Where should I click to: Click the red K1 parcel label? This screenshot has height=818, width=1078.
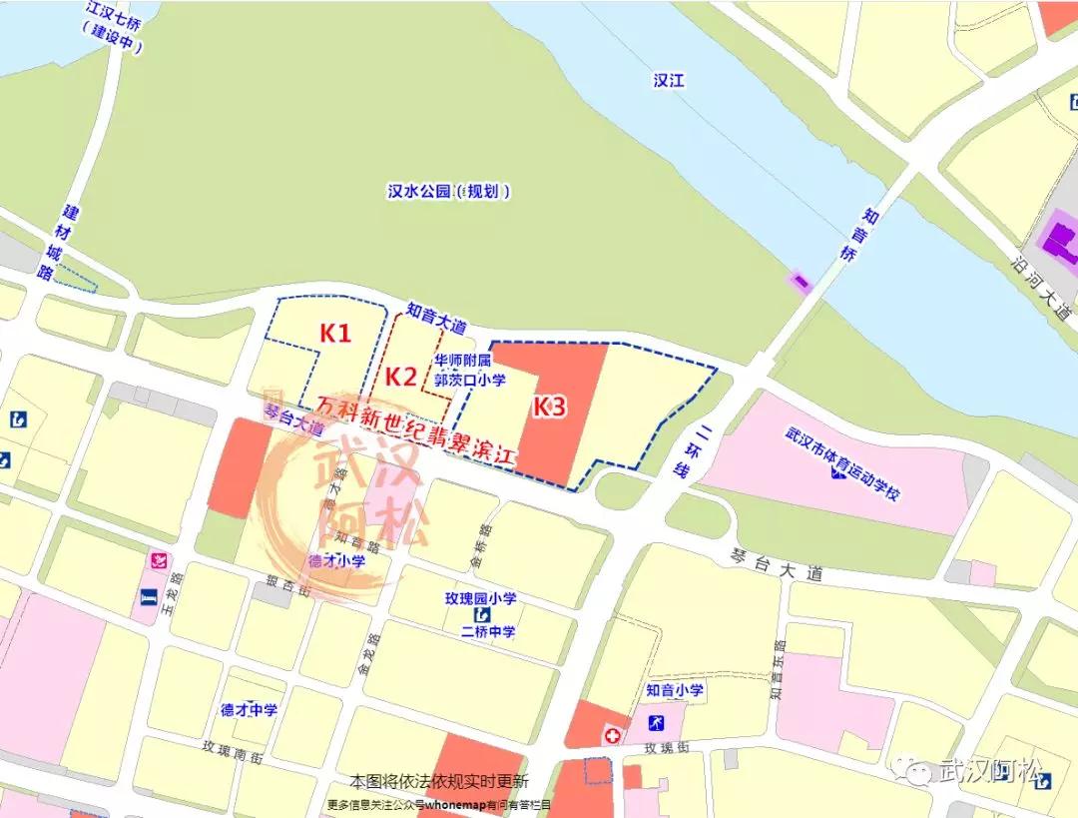335,333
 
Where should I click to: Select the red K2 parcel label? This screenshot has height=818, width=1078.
401,377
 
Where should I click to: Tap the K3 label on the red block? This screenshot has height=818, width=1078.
549,407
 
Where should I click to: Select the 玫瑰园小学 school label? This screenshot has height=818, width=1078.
480,599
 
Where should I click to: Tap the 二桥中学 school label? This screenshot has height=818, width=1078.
487,631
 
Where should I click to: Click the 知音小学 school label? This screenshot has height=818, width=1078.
675,689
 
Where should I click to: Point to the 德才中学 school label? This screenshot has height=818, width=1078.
250,710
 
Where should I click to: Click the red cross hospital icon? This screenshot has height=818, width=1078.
611,735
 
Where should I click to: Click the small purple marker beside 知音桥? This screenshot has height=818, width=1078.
801,283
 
